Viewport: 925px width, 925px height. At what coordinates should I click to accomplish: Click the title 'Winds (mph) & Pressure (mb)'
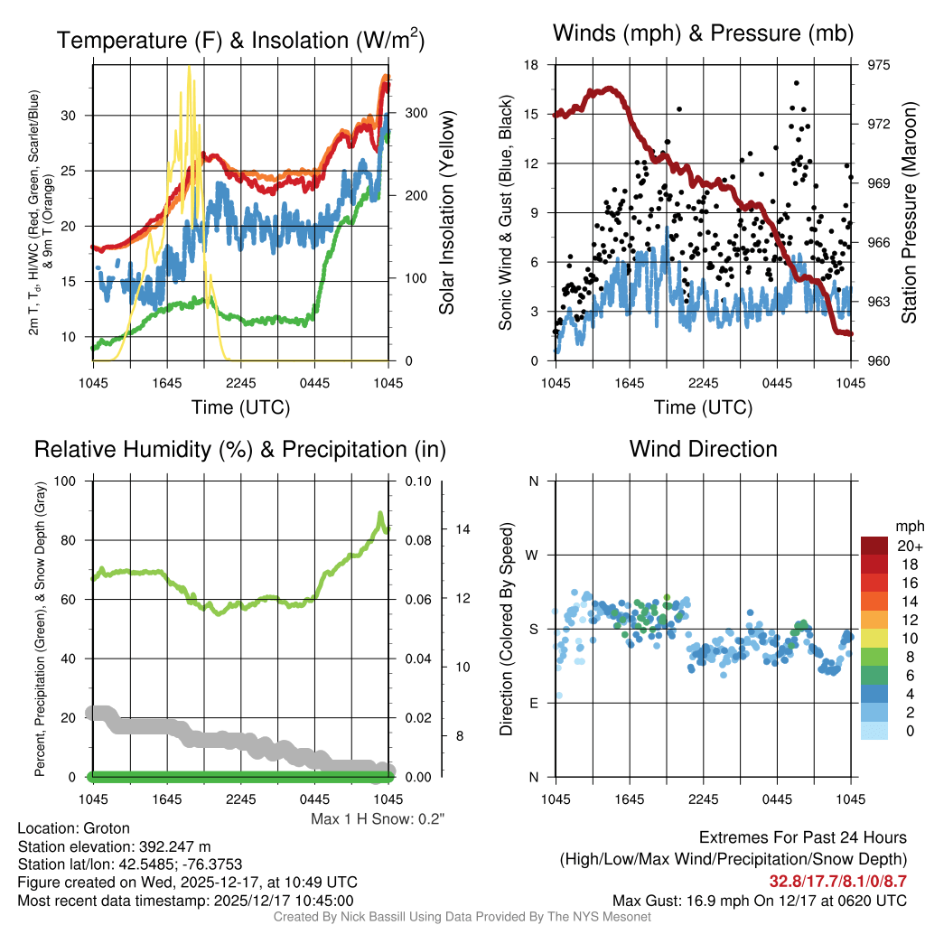click(x=703, y=34)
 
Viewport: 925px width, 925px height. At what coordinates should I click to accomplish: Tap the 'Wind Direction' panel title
click(x=703, y=449)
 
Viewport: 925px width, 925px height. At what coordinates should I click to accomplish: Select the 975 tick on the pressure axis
click(x=879, y=65)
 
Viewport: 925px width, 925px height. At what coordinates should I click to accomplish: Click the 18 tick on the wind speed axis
click(x=531, y=65)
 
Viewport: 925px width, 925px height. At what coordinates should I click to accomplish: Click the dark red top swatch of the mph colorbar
click(x=876, y=547)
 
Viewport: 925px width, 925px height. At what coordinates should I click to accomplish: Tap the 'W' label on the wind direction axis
click(x=533, y=555)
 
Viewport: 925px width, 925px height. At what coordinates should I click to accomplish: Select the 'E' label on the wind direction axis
click(x=533, y=703)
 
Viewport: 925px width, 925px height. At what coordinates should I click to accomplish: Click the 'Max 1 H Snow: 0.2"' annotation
click(x=378, y=819)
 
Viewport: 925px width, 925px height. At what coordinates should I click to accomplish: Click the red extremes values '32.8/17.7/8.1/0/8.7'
click(x=837, y=881)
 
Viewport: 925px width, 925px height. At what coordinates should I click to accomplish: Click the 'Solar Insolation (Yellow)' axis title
click(x=446, y=213)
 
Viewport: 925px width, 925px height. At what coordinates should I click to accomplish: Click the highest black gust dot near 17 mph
click(x=796, y=83)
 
